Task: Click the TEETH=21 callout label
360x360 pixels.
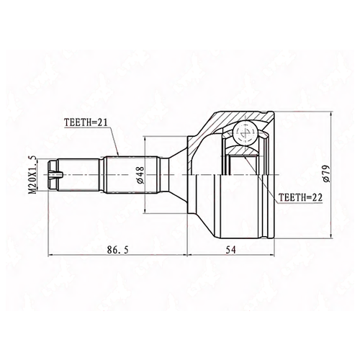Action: pyautogui.click(x=85, y=123)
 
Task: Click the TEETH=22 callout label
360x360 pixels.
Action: pyautogui.click(x=300, y=197)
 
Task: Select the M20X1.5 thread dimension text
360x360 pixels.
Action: pyautogui.click(x=32, y=174)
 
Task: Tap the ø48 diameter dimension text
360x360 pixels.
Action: pyautogui.click(x=140, y=175)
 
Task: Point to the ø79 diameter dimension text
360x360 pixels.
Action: pyautogui.click(x=326, y=174)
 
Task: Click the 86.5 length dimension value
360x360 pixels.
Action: pyautogui.click(x=118, y=250)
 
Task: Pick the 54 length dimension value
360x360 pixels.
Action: pyautogui.click(x=230, y=250)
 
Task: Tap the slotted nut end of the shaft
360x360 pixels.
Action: pyautogui.click(x=53, y=175)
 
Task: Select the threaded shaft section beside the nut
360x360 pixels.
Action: pyautogui.click(x=78, y=175)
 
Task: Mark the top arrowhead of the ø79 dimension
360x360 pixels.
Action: pyautogui.click(x=331, y=114)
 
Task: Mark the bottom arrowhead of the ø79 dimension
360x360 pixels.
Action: pyautogui.click(x=331, y=236)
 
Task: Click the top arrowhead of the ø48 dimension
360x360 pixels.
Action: pyautogui.click(x=145, y=138)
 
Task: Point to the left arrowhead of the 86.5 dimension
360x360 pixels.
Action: pyautogui.click(x=51, y=256)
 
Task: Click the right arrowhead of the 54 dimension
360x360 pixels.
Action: pyautogui.click(x=271, y=256)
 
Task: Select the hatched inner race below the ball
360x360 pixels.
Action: pyautogui.click(x=243, y=150)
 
